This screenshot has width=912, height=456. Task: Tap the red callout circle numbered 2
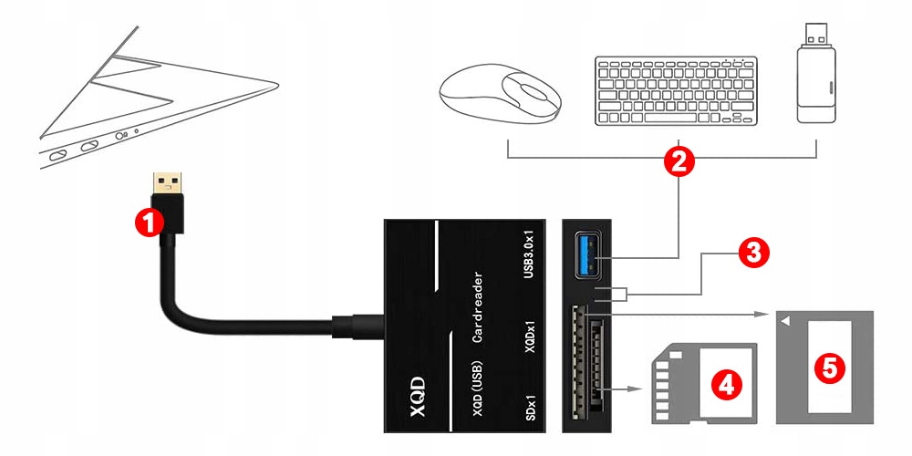tap(678, 162)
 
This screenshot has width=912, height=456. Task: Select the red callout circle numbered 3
tap(751, 253)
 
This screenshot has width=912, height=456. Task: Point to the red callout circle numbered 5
tap(828, 367)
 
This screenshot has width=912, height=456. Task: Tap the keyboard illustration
tap(676, 91)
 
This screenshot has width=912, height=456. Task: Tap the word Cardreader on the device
tap(478, 306)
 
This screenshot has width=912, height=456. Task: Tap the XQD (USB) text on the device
tap(478, 388)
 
